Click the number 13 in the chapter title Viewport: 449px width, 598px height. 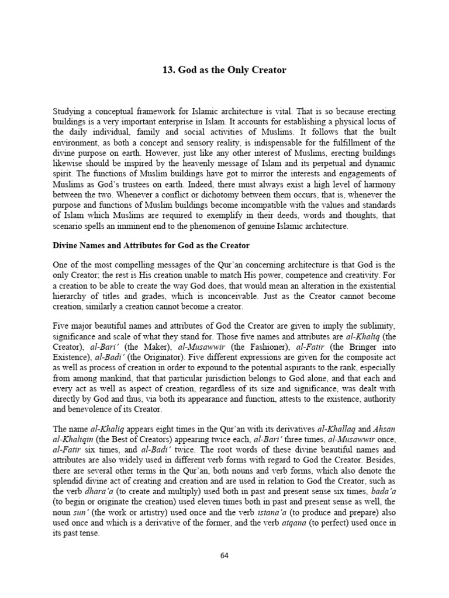pos(167,70)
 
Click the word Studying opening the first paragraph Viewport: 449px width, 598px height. pos(70,111)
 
